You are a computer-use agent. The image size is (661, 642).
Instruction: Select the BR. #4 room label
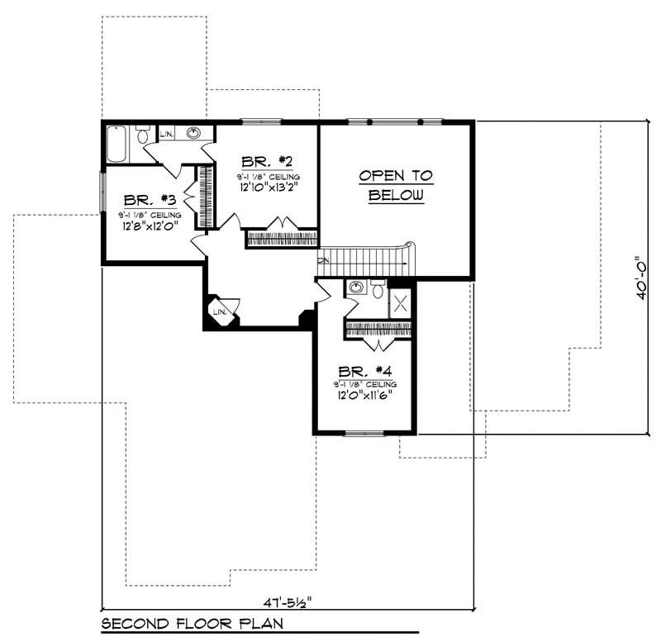pos(364,372)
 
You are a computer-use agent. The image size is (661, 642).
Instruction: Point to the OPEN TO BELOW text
pos(396,186)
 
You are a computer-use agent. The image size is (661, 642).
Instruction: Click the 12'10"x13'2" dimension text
pos(267,187)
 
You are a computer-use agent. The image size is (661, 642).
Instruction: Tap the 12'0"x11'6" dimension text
pos(364,394)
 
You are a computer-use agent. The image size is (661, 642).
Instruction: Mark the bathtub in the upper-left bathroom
pos(118,144)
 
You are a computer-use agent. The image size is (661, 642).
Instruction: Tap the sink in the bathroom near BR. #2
pos(195,133)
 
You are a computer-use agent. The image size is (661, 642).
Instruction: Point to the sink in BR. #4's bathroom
pos(356,288)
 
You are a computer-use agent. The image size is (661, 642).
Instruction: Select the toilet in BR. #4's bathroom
pos(378,288)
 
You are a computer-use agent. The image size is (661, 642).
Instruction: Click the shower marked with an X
pos(401,302)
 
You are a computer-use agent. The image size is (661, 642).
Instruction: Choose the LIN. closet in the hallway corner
pos(220,311)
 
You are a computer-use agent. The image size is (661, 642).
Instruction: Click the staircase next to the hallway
pos(364,262)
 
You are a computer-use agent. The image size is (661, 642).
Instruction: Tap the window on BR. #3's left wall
pos(102,190)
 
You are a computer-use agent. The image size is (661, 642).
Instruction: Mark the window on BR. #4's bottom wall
pos(364,432)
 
